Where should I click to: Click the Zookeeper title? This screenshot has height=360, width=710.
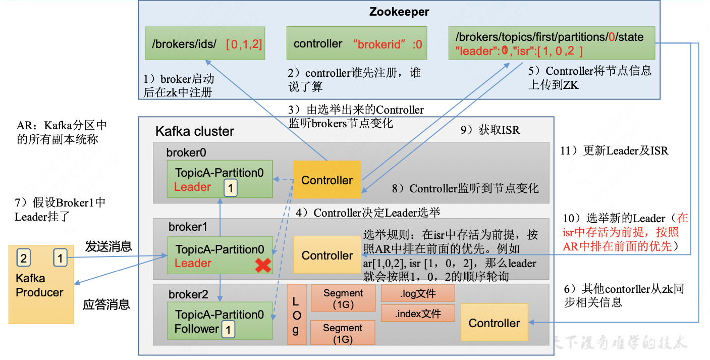point(399,12)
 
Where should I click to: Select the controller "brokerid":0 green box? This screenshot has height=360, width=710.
point(356,44)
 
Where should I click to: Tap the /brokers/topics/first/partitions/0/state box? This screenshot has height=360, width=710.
point(552,44)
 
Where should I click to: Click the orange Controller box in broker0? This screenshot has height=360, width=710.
point(327,180)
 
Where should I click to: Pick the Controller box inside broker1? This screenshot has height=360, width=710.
point(327,255)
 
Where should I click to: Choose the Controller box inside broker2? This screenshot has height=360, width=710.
point(494,323)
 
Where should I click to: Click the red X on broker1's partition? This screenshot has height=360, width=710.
point(263,266)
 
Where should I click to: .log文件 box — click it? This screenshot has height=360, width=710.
point(417,293)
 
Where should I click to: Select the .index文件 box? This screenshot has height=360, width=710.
point(417,314)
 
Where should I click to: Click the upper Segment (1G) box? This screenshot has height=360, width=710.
point(343,298)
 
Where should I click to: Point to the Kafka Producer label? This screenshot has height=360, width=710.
point(39,285)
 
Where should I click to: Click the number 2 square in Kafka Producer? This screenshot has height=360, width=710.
point(23,259)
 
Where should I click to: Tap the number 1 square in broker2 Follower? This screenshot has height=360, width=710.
point(228,330)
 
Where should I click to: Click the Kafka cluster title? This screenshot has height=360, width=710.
point(195,131)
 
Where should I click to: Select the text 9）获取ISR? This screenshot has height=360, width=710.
point(489,130)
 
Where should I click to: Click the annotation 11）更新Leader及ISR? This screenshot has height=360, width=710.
point(614,150)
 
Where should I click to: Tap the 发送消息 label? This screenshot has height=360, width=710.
point(108,246)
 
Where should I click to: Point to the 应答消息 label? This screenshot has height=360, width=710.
point(106,304)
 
